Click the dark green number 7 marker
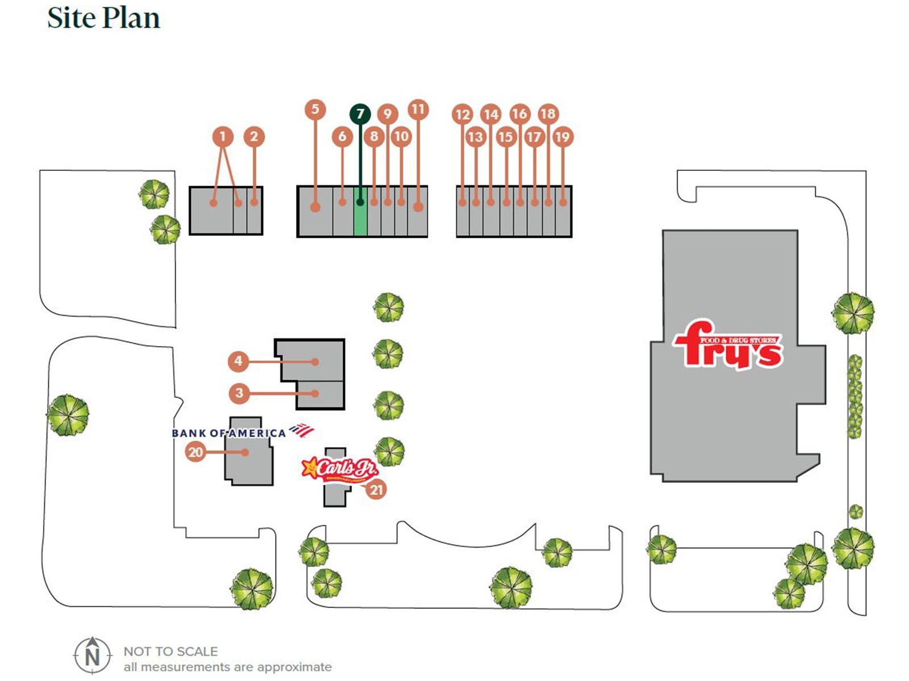click(360, 114)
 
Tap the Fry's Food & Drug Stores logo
click(728, 345)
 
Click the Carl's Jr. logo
click(339, 469)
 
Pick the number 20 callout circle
click(195, 452)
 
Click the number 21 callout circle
click(377, 490)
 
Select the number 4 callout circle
click(238, 361)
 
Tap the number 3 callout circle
click(239, 393)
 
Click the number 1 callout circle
click(223, 136)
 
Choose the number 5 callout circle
click(315, 109)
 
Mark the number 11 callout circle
click(418, 109)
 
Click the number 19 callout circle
click(562, 137)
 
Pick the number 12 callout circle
click(462, 115)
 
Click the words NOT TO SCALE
click(170, 651)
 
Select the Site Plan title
click(103, 18)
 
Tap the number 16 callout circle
click(519, 114)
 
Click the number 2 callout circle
click(254, 136)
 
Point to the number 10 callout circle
click(401, 136)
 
